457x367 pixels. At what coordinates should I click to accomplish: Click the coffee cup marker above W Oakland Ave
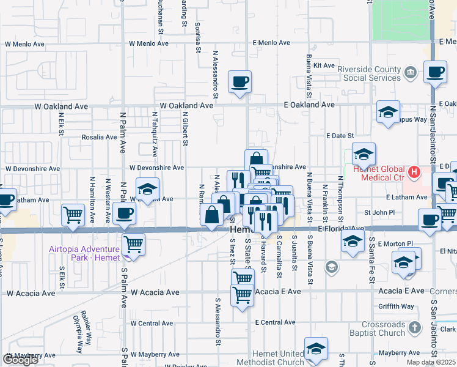(x=239, y=82)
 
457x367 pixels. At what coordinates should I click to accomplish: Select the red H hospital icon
(x=414, y=172)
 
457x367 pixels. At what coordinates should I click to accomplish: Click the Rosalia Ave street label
(x=99, y=137)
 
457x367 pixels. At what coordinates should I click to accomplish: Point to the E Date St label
(x=340, y=135)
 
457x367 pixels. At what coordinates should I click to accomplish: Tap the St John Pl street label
(x=376, y=212)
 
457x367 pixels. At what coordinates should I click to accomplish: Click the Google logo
(x=20, y=360)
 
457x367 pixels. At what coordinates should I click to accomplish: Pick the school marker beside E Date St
(x=364, y=154)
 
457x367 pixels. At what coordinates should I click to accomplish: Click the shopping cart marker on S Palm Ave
(x=133, y=244)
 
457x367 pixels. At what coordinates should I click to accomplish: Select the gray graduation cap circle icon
(x=331, y=266)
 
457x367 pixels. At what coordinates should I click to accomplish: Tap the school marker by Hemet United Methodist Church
(x=316, y=349)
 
